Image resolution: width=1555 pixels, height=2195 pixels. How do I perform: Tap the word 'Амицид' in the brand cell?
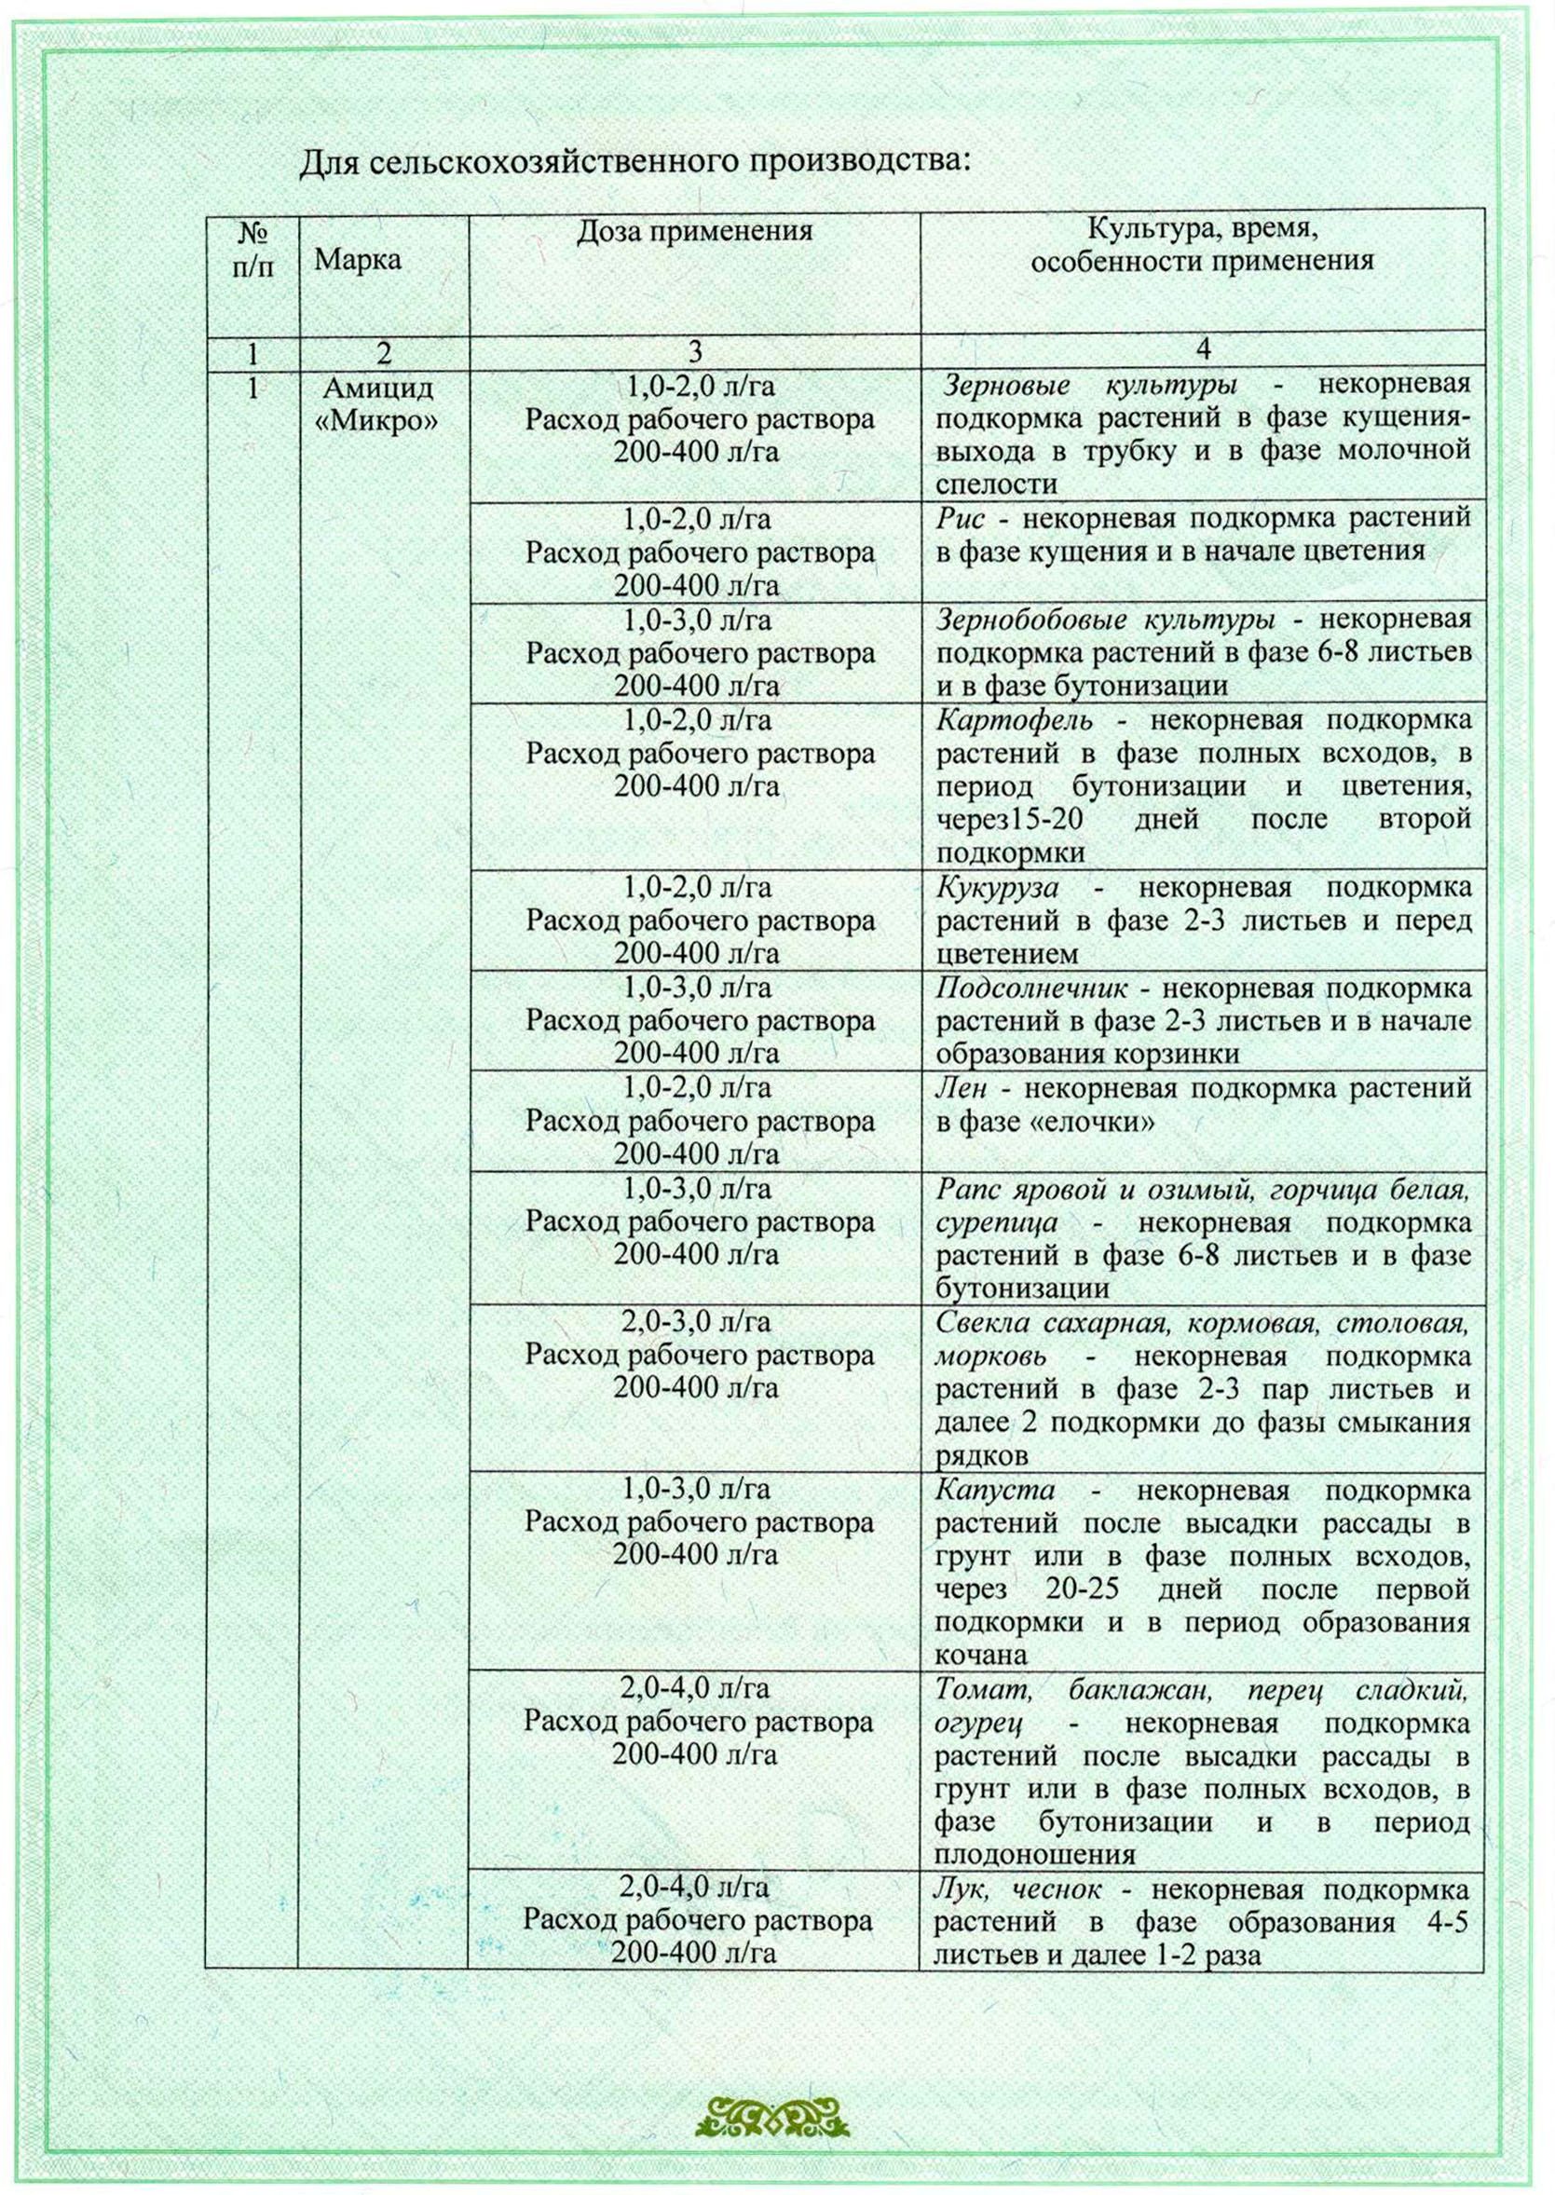click(378, 389)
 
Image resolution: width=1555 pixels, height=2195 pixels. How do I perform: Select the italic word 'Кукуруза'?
click(998, 887)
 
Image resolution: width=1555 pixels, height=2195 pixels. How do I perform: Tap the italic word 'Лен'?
click(961, 1088)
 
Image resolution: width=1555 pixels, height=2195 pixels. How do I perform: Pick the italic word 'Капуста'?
click(996, 1490)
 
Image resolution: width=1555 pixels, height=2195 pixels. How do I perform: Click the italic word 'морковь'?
click(990, 1357)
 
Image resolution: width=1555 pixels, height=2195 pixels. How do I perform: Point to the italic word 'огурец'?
click(978, 1724)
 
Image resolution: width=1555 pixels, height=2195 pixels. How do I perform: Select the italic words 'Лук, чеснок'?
click(1016, 1890)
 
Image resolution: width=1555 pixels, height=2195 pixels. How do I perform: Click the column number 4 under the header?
click(1204, 351)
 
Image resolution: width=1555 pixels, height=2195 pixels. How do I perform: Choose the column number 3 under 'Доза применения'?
click(695, 352)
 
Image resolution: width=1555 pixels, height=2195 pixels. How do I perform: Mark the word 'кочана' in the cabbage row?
click(980, 1656)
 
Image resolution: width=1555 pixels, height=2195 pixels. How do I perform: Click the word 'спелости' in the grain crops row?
click(997, 484)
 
